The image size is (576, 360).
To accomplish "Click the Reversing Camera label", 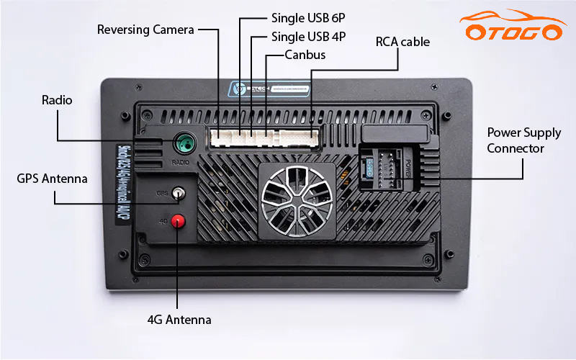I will (145, 30).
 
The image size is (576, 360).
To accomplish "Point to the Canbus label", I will (305, 55).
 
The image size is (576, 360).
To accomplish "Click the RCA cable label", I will (402, 42).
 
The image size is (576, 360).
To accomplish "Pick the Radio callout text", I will (57, 100).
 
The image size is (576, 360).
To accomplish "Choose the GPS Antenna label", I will (52, 178).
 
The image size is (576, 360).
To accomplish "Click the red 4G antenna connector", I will (177, 220).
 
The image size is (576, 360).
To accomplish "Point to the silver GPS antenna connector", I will (177, 193).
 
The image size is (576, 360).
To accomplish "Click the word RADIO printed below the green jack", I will (181, 162).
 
